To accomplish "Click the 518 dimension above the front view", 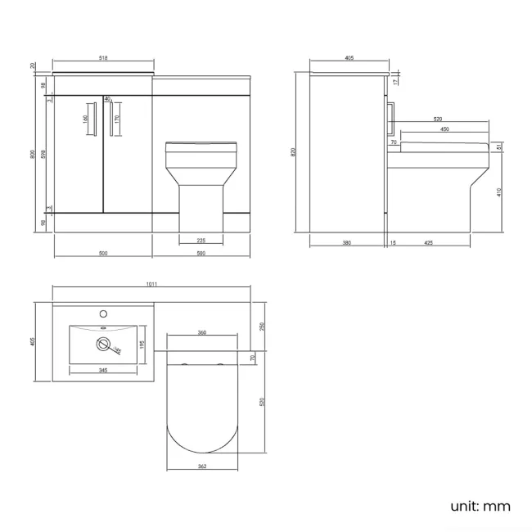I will pos(103,57).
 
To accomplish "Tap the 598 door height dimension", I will pos(43,153).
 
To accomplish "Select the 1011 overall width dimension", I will pos(151,284).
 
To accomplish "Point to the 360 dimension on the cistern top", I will pos(201,332).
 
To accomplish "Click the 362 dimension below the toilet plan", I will pos(201,467).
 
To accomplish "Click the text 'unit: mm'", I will pos(480,506).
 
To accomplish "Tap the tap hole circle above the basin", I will pos(103,313).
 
